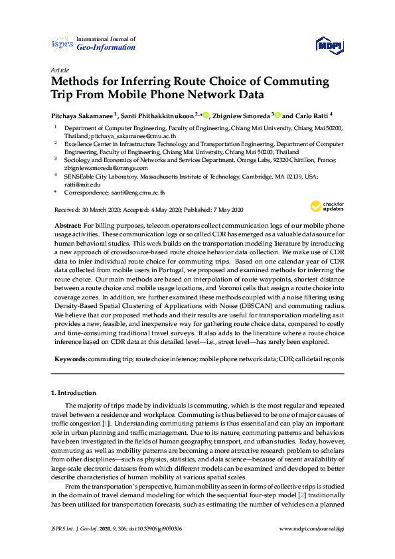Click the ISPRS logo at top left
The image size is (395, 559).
point(61,44)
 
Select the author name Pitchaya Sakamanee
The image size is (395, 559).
point(81,114)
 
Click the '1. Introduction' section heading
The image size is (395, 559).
point(74,393)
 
